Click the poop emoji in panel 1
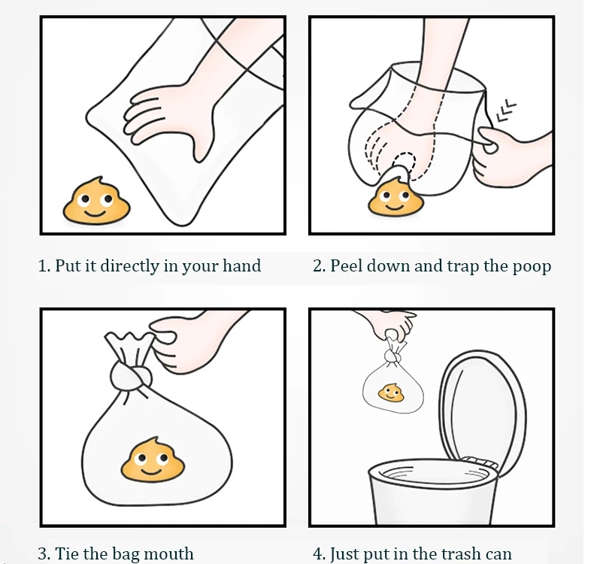(x=96, y=201)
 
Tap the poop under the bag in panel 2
(x=395, y=198)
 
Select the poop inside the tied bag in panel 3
(x=153, y=459)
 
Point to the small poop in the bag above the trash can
(x=391, y=393)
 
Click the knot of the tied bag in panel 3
(x=132, y=375)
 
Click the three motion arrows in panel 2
(x=505, y=111)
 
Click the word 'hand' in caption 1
(x=241, y=265)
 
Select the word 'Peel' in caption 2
(x=347, y=265)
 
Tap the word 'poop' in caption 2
(x=532, y=268)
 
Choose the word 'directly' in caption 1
(x=129, y=266)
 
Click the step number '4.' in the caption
(x=319, y=554)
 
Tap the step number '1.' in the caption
(x=44, y=266)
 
